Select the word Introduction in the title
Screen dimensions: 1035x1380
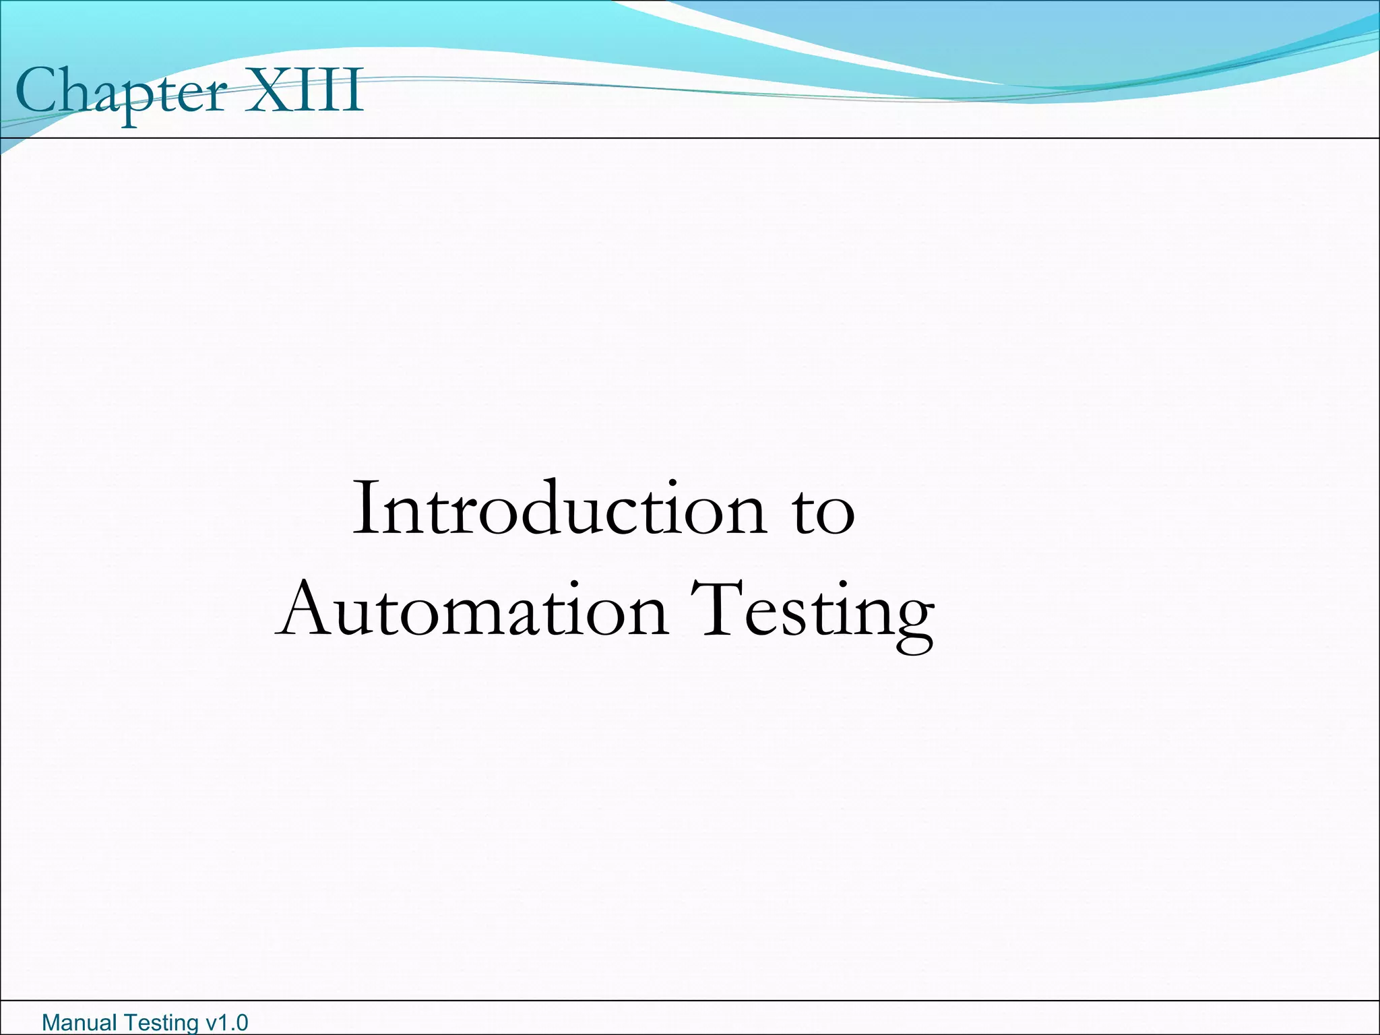click(559, 509)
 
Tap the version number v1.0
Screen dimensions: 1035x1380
click(226, 1023)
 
